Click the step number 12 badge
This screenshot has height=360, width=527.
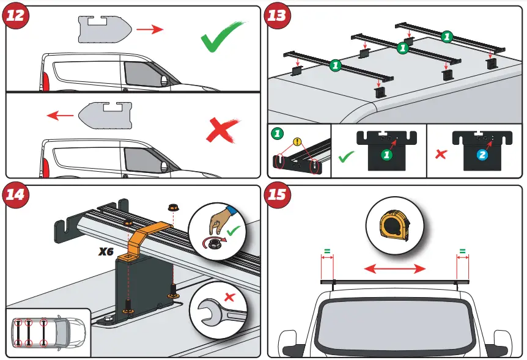click(x=15, y=15)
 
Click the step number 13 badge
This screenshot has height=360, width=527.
click(x=277, y=15)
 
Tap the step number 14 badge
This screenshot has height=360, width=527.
click(x=15, y=195)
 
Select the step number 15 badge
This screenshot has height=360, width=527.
click(x=277, y=195)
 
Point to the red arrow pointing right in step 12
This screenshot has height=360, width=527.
click(x=149, y=29)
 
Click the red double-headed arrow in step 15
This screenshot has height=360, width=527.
click(x=396, y=268)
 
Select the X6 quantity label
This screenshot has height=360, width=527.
click(x=106, y=251)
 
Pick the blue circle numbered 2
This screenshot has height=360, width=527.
click(x=482, y=155)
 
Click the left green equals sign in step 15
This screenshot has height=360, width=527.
click(x=327, y=251)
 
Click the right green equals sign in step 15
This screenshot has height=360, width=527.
click(x=462, y=251)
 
